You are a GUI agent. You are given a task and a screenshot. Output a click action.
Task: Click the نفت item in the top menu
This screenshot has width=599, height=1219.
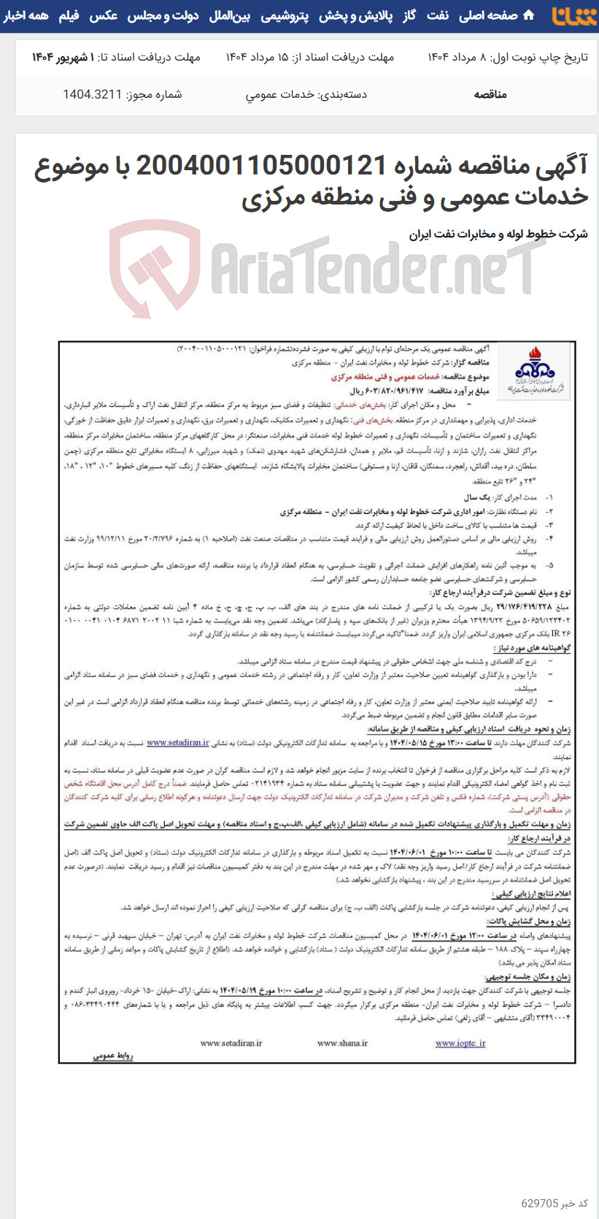438,15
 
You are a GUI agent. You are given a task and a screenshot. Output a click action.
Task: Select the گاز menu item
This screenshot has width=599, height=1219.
410,15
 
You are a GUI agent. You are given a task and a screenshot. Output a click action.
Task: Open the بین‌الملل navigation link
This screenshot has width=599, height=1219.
230,15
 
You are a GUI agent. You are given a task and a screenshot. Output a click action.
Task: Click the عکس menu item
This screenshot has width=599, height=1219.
104,15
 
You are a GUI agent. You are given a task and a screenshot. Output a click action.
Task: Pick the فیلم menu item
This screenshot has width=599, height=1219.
69,15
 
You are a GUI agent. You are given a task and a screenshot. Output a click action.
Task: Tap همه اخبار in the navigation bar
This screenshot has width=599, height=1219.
26,15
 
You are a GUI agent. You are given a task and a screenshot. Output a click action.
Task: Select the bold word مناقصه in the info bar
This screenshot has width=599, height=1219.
490,94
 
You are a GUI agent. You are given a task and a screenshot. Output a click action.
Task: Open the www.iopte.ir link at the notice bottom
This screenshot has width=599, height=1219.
460,1043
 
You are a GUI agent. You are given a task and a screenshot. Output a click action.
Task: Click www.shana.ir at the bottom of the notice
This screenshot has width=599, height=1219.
342,1043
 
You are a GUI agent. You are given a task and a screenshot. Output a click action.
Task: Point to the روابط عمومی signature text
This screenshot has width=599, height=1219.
113,1055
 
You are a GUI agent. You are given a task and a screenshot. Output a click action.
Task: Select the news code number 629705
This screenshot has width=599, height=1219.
539,1204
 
